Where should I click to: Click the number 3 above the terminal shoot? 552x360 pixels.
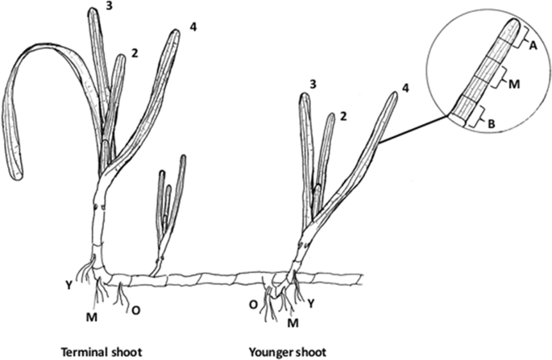point(110,6)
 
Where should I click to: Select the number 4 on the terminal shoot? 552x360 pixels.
point(193,27)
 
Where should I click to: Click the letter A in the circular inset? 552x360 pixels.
point(533,46)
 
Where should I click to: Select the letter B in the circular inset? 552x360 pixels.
point(490,121)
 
